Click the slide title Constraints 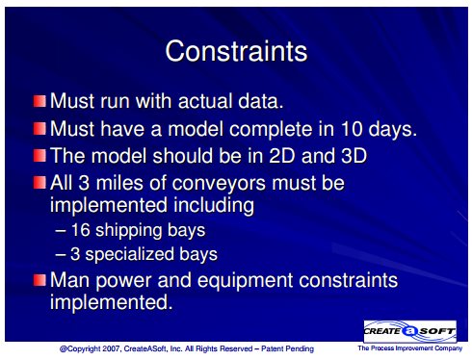tap(236, 51)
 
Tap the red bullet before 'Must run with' tap(39, 101)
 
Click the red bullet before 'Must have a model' tap(39, 129)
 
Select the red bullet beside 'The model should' tap(39, 156)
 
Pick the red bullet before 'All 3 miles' tap(39, 183)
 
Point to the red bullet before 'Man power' tap(39, 280)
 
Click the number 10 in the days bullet tap(352, 129)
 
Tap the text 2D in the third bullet tap(281, 156)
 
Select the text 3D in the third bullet tap(354, 156)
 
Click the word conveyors tap(219, 184)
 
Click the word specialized tap(129, 254)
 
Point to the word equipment tap(246, 281)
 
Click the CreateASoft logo tap(410, 331)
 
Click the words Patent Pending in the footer tap(287, 348)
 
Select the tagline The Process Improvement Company tap(410, 348)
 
